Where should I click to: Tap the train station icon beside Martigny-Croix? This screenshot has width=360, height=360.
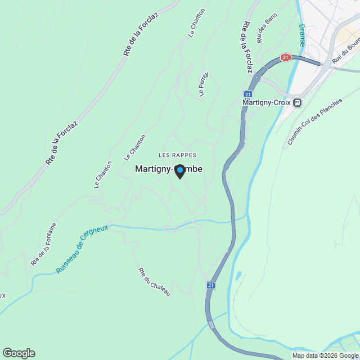coord(298,103)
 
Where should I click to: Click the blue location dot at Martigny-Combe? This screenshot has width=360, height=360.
coord(179,169)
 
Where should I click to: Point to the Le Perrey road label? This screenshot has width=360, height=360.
coord(204,84)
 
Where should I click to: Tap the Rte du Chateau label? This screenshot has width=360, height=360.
coord(154,282)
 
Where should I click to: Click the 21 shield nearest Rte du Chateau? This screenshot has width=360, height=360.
coord(210,285)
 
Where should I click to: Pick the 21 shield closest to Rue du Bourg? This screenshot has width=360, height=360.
coord(286,57)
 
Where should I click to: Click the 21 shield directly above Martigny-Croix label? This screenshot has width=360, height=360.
coord(248,94)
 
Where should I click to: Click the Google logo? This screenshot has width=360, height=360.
coord(19,353)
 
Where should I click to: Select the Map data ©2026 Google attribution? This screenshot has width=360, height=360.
coord(325,355)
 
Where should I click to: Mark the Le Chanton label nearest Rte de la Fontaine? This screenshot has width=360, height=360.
coord(103,174)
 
